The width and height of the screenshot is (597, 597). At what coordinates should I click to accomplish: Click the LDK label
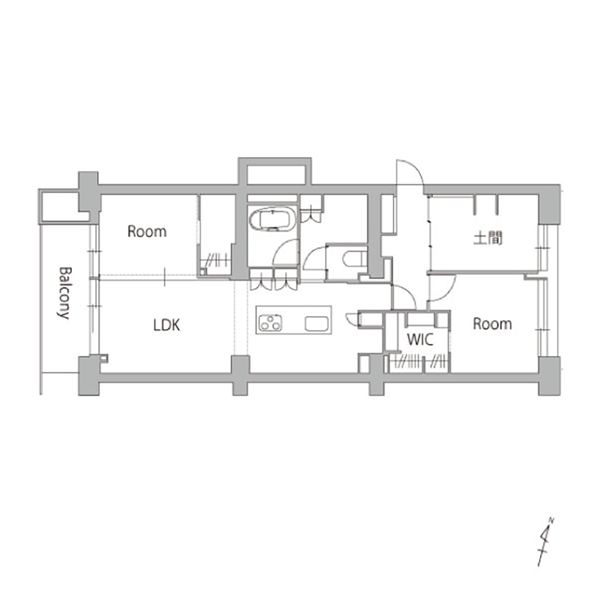167,325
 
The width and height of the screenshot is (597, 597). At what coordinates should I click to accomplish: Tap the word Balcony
64,293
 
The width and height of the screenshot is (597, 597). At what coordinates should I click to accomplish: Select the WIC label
420,339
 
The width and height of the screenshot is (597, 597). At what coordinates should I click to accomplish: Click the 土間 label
488,238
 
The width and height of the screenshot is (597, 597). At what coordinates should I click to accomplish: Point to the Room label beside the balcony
147,232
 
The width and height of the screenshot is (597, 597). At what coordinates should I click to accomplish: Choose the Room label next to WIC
493,324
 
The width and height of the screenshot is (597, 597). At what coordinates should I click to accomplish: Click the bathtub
273,220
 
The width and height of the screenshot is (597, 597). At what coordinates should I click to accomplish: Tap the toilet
355,260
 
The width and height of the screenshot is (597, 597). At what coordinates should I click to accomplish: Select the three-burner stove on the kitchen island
270,323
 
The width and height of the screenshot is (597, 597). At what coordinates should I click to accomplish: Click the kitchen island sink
316,324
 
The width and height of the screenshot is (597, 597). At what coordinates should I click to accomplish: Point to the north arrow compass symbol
545,541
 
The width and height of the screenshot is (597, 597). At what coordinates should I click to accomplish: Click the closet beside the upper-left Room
216,234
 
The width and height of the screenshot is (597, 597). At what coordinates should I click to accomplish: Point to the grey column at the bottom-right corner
549,376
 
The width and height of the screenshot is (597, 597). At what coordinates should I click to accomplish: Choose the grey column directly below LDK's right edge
241,376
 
